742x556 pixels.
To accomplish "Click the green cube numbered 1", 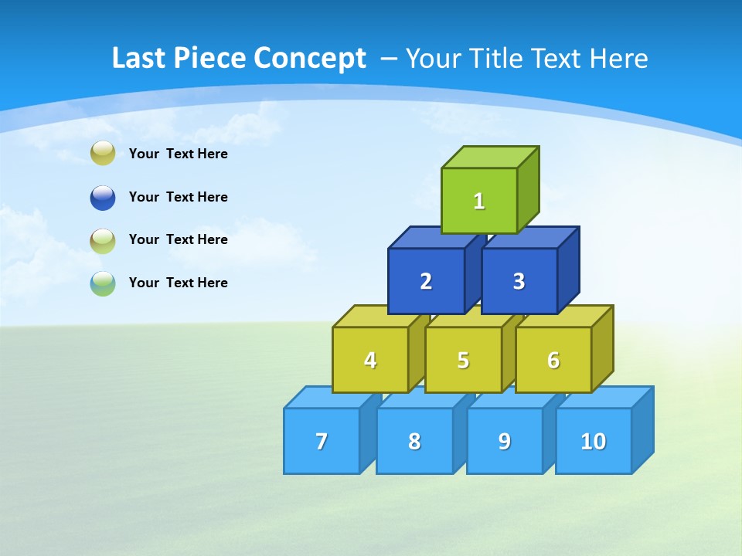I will pos(479,201).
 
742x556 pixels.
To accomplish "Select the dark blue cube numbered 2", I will pos(426,281).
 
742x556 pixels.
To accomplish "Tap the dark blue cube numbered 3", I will pos(519,281).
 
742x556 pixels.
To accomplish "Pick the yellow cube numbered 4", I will pos(370,360).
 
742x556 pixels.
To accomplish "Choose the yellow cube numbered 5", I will pos(463,360).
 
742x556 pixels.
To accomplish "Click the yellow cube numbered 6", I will pos(553,360).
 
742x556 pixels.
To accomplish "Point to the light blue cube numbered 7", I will pos(322,441).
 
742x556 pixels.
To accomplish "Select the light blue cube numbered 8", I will pos(414,441).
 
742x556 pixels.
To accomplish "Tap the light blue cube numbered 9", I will pos(505,441).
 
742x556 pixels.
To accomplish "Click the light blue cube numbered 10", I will pos(594,441).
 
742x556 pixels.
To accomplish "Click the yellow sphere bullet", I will pos(103,154).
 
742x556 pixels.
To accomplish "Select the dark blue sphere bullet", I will pos(103,197).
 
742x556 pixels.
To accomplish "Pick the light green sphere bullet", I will pos(103,240).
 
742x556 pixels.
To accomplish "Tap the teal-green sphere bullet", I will pos(103,283).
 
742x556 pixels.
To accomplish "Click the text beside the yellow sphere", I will pos(179,154).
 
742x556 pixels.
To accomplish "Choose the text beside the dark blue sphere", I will pos(179,197).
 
